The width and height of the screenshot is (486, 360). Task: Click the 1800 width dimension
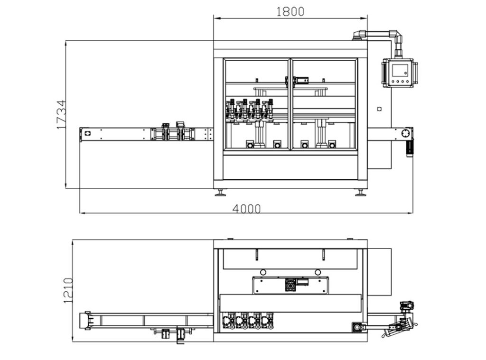[290, 12]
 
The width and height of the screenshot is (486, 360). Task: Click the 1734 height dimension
[62, 114]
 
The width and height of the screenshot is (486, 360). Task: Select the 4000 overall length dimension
[246, 209]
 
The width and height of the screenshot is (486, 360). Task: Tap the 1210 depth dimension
[68, 291]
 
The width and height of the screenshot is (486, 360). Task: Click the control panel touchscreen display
[401, 70]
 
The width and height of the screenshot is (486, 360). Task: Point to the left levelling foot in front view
[220, 193]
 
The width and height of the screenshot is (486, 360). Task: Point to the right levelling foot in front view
[361, 193]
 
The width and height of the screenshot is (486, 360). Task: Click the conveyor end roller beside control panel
[405, 134]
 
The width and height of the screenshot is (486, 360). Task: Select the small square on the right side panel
[379, 109]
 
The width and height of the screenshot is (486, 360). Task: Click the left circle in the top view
[263, 272]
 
